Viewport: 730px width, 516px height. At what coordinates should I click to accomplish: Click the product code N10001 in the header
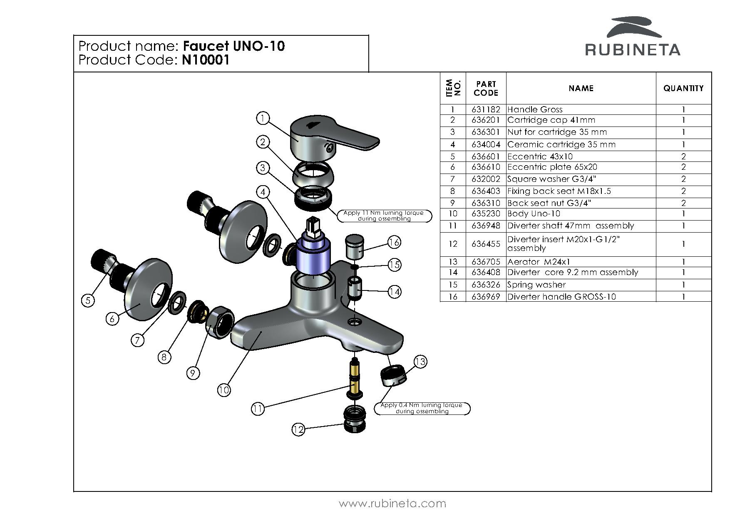coord(206,60)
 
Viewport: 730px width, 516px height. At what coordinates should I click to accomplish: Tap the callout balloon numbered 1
coord(263,119)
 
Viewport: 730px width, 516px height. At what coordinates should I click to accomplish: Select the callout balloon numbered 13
coord(420,362)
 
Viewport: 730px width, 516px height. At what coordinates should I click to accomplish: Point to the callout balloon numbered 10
coord(223,390)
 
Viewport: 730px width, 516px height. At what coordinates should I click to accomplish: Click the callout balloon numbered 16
coord(394,242)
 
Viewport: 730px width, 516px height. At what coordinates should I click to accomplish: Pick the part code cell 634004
coord(486,144)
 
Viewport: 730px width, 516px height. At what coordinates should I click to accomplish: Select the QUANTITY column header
coord(683,88)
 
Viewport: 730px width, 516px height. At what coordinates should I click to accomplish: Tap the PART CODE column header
coord(486,88)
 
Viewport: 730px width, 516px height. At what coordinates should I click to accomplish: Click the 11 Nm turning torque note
coord(383,216)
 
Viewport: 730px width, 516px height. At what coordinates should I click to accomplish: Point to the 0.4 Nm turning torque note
coord(422,408)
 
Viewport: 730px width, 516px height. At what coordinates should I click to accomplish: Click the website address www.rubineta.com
coord(392,504)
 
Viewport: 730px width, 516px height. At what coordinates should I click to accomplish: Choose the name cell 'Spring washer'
coord(536,285)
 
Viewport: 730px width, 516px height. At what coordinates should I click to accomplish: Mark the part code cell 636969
coord(486,297)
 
